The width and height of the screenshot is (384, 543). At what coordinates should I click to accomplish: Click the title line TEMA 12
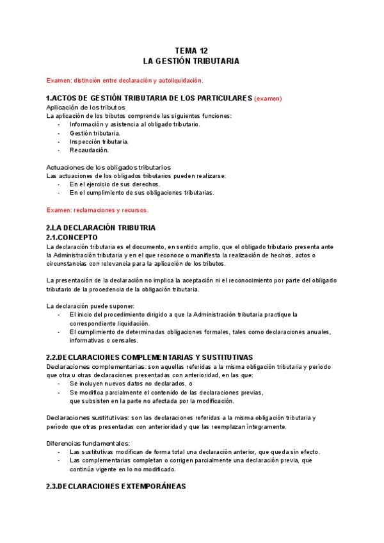point(191,51)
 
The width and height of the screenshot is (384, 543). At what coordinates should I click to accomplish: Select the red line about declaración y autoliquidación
point(125,80)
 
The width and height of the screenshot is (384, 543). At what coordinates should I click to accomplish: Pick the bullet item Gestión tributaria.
point(95,133)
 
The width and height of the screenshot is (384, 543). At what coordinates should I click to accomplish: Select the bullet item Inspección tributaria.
point(99,141)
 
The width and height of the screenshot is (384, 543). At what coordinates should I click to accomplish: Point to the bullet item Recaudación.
point(89,150)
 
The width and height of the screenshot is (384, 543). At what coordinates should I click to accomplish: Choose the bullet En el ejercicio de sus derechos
point(115,184)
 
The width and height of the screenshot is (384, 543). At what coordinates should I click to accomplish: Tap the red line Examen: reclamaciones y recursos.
point(98,209)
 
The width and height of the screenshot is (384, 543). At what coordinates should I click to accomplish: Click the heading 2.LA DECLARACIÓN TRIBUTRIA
point(100,227)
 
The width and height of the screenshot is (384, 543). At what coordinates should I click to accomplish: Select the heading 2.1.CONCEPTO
point(72,237)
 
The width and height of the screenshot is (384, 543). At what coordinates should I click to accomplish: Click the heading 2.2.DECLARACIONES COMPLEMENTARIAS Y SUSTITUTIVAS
point(150,357)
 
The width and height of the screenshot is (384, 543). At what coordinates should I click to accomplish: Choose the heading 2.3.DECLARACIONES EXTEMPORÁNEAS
point(116,487)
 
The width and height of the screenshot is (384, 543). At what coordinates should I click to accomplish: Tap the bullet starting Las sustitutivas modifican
point(195,451)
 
